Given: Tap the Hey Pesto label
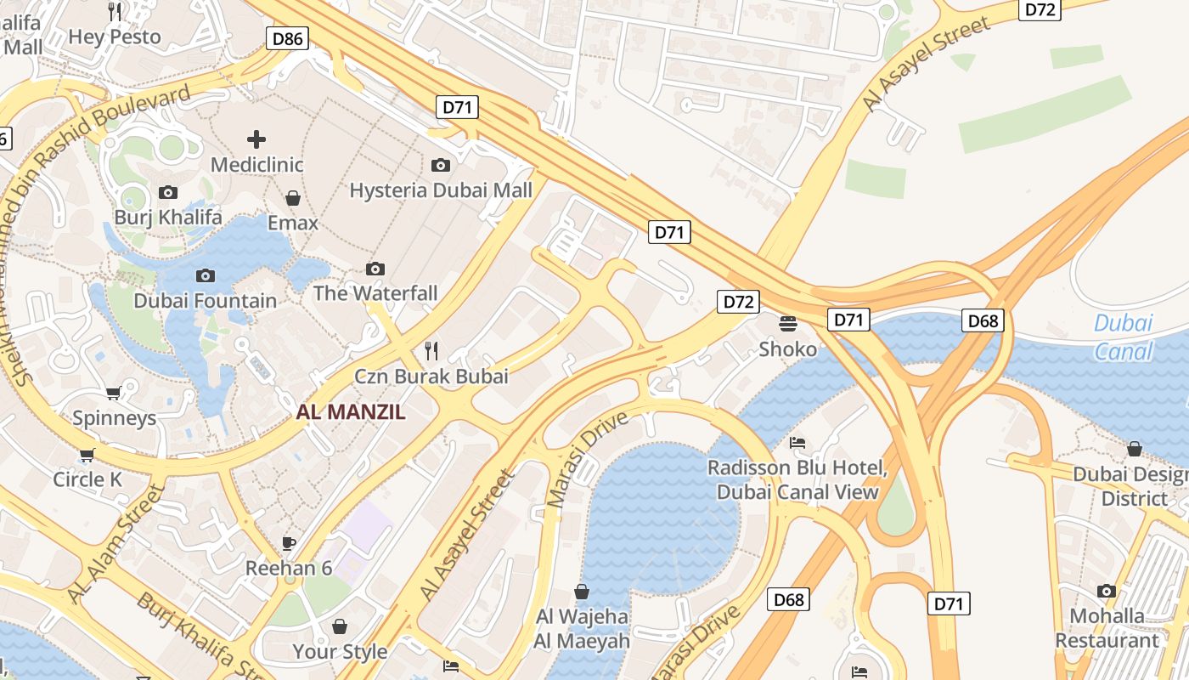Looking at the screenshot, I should (x=115, y=37).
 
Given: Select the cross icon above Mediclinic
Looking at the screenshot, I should (x=256, y=139).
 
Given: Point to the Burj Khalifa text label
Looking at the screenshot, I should (x=168, y=217).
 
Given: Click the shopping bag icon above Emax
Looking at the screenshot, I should (x=293, y=198).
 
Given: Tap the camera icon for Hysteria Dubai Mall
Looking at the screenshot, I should (x=440, y=165).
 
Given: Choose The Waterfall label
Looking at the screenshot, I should (x=375, y=293).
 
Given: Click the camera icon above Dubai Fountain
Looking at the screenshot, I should (x=205, y=275).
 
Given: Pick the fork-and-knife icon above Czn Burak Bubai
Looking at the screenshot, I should (x=431, y=350).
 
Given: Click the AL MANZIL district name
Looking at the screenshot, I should (x=351, y=413).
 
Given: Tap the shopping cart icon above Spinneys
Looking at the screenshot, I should (x=114, y=393).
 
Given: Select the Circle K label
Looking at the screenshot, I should (x=87, y=479).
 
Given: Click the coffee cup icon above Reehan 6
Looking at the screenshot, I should (x=289, y=543).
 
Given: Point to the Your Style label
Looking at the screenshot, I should (x=340, y=652).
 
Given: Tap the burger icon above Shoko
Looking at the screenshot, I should (x=788, y=324).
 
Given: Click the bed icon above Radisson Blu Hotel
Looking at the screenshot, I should (x=797, y=443).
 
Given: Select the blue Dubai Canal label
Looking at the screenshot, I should (x=1123, y=337).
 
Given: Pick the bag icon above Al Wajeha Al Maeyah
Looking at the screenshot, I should (x=582, y=592).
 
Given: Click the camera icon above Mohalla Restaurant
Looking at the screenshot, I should (x=1106, y=591).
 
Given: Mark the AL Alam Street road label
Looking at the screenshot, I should (x=116, y=544).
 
